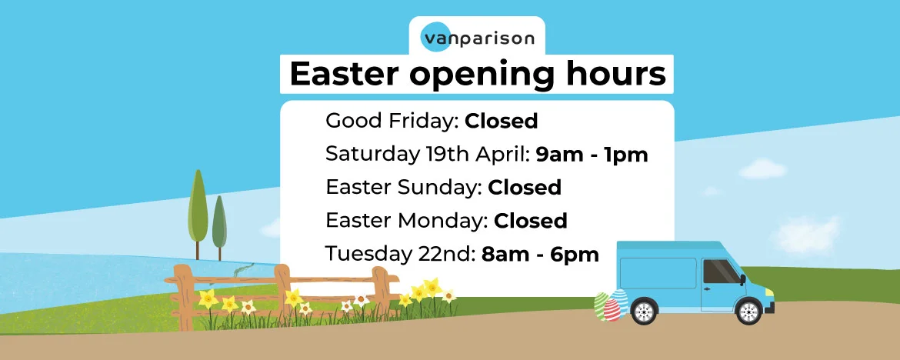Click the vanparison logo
[x=477, y=38]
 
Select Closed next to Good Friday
[x=501, y=121]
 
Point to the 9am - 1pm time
[x=592, y=155]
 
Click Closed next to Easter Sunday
[x=525, y=188]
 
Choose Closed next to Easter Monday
[x=530, y=221]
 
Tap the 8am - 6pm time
[x=540, y=255]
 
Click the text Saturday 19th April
[x=425, y=155]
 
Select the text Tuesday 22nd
[x=398, y=255]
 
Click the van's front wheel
[x=749, y=312]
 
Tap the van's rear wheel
[x=644, y=312]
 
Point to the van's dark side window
[x=721, y=272]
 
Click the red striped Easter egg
[x=612, y=310]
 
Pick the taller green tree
[x=198, y=209]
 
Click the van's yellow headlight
[x=769, y=292]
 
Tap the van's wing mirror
[x=743, y=280]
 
